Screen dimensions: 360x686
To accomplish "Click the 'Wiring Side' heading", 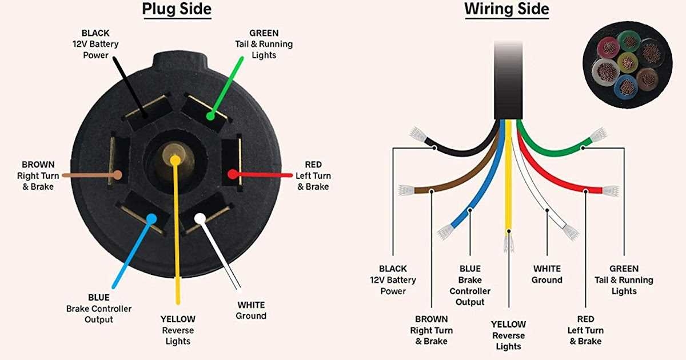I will tap(506, 10).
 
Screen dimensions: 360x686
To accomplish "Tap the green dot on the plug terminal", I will tap(210, 116).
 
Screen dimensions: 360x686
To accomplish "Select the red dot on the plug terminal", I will tap(232, 174).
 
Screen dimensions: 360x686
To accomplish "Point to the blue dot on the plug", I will tap(151, 218).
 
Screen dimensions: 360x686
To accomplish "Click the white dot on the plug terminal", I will tap(200, 218).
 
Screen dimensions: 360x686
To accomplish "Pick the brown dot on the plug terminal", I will tap(118, 175).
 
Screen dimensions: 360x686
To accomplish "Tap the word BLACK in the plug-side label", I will tap(95, 33).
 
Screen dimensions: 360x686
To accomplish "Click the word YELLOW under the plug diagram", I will tap(178, 319).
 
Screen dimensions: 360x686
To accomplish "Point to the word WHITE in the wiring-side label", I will tap(547, 269).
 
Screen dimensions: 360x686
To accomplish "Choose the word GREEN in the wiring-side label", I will tap(624, 269).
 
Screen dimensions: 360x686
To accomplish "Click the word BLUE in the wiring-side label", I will tap(470, 269).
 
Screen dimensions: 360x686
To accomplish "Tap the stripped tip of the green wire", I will tap(598, 135).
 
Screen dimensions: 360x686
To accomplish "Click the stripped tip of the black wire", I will tap(418, 135).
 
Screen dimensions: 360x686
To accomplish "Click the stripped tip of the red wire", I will tap(611, 191).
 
